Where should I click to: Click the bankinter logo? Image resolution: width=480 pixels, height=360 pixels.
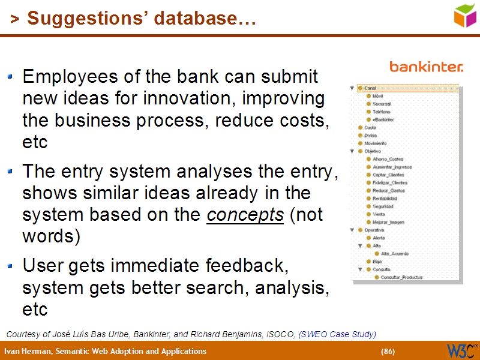(x=426, y=67)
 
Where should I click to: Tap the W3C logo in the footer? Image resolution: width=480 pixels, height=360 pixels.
(x=462, y=350)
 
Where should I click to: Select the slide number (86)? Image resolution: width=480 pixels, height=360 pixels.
(x=388, y=351)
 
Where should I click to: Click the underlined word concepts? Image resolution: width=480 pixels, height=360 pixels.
(x=245, y=215)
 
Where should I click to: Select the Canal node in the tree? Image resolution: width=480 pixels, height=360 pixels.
(x=370, y=88)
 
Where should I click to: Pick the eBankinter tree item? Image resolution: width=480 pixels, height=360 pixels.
(x=383, y=119)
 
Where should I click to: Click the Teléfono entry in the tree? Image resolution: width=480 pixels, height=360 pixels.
(x=381, y=112)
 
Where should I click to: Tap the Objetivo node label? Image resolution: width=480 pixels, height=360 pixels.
(x=373, y=151)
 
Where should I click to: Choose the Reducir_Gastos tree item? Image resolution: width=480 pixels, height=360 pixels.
(x=388, y=190)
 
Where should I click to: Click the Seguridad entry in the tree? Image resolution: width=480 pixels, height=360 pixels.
(x=383, y=206)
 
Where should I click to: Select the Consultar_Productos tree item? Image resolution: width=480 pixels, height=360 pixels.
(x=401, y=277)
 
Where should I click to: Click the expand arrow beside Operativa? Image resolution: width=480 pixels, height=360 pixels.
(x=352, y=230)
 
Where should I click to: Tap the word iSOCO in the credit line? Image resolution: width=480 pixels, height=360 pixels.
(x=283, y=334)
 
